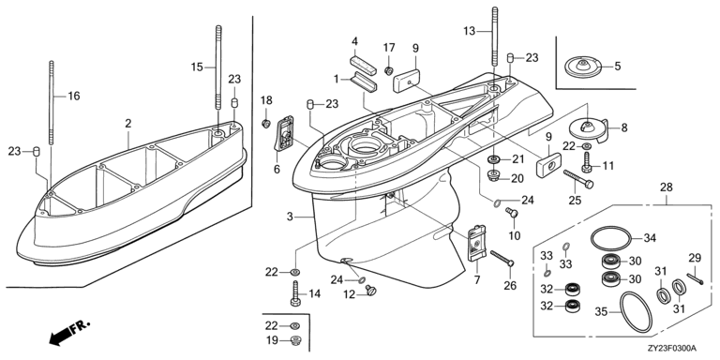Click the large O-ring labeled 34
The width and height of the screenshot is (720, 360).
[610, 229]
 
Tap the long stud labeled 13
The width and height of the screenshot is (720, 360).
[495, 40]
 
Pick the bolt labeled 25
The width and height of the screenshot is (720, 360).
[578, 179]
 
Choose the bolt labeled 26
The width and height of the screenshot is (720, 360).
[502, 258]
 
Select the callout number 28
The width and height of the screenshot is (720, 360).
[666, 187]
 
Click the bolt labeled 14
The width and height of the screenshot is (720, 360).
[295, 293]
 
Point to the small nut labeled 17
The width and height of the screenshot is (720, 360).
[389, 70]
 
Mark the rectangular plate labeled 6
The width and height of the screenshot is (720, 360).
[286, 133]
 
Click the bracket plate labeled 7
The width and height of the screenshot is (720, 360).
[477, 243]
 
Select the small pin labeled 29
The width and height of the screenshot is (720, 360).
[696, 279]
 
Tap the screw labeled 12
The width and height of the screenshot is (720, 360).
[370, 291]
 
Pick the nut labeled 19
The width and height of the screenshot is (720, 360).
[295, 340]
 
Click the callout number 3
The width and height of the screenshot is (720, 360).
[290, 217]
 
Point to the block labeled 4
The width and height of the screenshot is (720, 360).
[363, 66]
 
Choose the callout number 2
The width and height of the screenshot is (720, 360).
[128, 123]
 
